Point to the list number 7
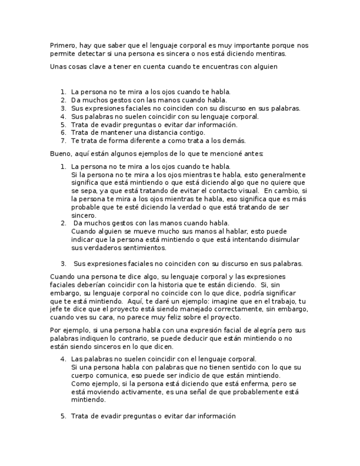pyautogui.click(x=63, y=141)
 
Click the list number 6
pyautogui.click(x=63, y=132)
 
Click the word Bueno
pyautogui.click(x=60, y=153)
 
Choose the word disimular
pyautogui.click(x=280, y=240)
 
